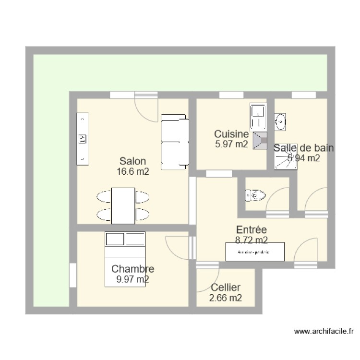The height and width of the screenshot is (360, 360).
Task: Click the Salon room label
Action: click(133, 161)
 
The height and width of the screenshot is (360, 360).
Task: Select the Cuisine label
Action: click(231, 134)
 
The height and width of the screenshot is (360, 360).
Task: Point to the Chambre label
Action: click(132, 269)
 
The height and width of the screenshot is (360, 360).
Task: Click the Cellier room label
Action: click(226, 288)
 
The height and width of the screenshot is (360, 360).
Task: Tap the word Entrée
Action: click(252, 230)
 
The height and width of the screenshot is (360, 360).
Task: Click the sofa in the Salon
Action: click(174, 142)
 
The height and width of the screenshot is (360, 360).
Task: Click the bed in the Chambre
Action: click(125, 259)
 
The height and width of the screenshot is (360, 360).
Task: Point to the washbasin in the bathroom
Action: click(280, 122)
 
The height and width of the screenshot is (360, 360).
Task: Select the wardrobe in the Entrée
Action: click(255, 252)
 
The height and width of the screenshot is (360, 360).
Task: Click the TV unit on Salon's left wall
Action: click(83, 139)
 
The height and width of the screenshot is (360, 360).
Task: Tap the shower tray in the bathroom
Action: click(285, 156)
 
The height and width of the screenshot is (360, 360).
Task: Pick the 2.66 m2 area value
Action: click(226, 298)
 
